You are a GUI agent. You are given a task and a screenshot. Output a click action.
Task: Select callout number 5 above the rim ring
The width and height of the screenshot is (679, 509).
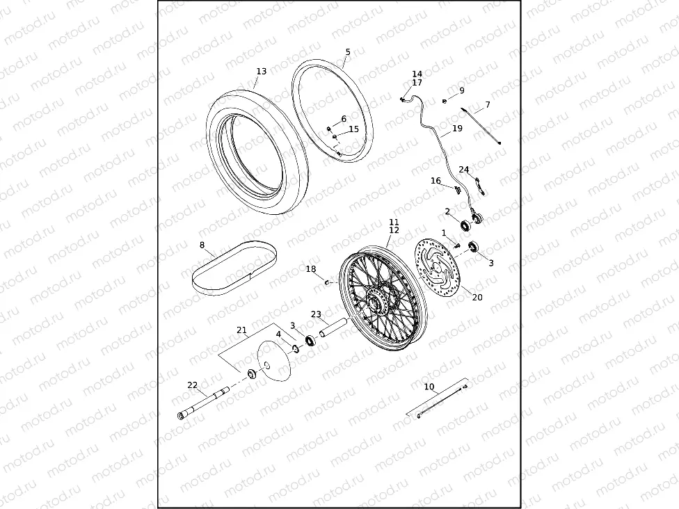(x=348, y=51)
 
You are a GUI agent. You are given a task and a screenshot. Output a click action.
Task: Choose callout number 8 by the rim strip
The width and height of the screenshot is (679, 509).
(x=202, y=245)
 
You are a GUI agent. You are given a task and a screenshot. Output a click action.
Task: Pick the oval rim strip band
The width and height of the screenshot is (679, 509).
(x=233, y=268)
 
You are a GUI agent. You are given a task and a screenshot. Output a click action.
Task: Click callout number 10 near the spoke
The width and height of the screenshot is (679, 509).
(x=429, y=386)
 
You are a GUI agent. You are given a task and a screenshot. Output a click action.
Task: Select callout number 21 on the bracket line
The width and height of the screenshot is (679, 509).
(x=241, y=330)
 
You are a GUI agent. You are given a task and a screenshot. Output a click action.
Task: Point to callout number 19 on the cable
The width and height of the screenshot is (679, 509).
(x=457, y=129)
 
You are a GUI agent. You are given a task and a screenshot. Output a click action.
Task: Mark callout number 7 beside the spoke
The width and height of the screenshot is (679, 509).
(x=487, y=105)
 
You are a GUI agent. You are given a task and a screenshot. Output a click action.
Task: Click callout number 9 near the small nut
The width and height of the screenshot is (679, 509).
(x=461, y=90)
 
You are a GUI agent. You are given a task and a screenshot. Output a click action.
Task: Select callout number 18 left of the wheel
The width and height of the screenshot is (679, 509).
(x=310, y=269)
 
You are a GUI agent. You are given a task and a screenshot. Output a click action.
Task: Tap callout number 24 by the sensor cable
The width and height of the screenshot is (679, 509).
(x=464, y=170)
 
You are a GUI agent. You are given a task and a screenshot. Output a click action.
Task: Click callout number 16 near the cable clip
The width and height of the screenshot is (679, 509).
(x=436, y=181)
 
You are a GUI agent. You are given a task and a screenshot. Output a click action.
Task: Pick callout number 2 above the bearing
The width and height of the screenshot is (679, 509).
(x=447, y=211)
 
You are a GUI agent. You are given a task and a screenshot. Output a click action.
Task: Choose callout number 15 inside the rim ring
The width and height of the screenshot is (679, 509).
(x=353, y=129)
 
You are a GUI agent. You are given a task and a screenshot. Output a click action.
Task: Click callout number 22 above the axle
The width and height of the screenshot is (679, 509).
(x=193, y=385)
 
